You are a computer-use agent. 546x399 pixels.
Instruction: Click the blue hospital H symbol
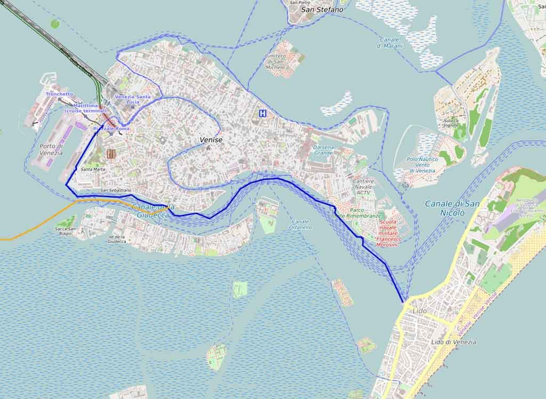(x=262, y=113)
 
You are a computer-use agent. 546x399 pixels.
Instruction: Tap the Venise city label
(x=211, y=140)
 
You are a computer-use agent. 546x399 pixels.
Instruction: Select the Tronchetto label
(x=59, y=94)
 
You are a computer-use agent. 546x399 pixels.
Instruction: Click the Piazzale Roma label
(x=111, y=129)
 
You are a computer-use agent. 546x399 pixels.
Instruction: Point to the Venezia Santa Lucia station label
(x=133, y=99)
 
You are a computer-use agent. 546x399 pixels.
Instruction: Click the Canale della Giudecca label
(x=152, y=211)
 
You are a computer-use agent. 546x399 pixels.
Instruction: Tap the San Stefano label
(x=322, y=9)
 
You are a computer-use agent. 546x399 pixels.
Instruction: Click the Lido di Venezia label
(x=453, y=342)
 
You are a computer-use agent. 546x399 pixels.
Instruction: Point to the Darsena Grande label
(x=323, y=150)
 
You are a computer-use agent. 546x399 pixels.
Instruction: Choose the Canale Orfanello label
(x=301, y=224)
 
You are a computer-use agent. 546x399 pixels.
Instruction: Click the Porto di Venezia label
(x=51, y=149)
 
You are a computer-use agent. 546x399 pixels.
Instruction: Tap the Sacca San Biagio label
(x=68, y=231)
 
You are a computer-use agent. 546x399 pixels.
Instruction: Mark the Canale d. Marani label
(x=391, y=43)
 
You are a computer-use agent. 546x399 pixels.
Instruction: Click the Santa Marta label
(x=93, y=169)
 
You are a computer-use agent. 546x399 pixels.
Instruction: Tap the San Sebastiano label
(x=116, y=190)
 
